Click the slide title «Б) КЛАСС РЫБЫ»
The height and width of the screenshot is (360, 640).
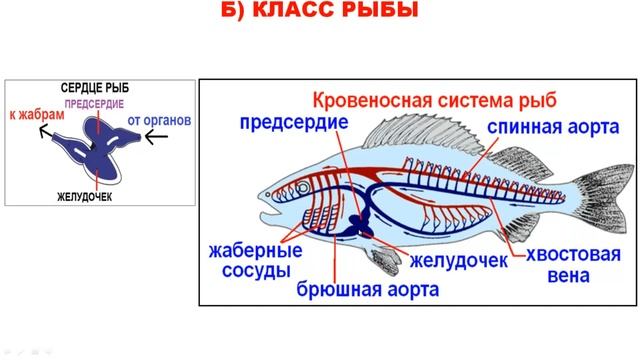319,13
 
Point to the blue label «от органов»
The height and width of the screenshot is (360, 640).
159,121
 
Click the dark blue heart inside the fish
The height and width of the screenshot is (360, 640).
353,228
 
